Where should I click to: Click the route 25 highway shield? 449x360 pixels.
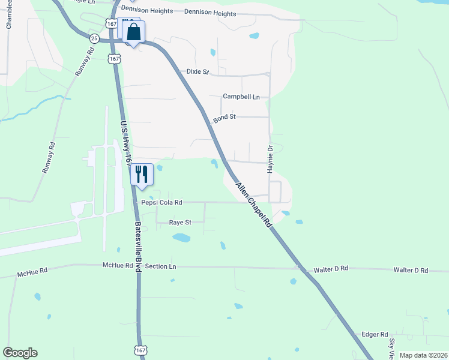(x=94, y=38)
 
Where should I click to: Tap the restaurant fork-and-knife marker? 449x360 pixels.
(x=142, y=175)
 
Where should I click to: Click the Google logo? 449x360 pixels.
(x=20, y=353)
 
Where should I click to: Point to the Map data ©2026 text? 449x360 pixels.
(x=423, y=355)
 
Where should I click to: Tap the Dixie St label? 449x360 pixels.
(x=197, y=72)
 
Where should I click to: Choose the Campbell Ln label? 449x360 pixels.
(x=241, y=97)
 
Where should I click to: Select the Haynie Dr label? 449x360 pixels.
(x=271, y=159)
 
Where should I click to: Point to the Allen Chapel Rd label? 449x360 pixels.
(x=254, y=205)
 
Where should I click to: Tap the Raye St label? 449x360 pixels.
(x=179, y=222)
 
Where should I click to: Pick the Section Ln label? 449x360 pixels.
(x=160, y=266)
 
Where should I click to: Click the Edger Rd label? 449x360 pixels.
(x=375, y=334)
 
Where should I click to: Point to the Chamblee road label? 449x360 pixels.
(x=8, y=15)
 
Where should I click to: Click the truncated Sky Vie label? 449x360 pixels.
(x=391, y=348)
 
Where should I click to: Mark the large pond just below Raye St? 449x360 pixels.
(x=181, y=238)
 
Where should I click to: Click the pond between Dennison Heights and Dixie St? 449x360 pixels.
(x=254, y=35)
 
